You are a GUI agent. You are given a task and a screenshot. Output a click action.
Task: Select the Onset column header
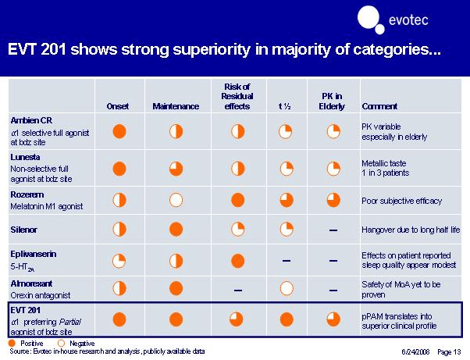coord(119,106)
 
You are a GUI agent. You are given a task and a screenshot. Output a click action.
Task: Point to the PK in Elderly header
coord(333,101)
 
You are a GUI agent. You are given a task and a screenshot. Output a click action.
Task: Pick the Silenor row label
coord(24,230)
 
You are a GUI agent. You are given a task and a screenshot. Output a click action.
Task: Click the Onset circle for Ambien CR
coord(119,131)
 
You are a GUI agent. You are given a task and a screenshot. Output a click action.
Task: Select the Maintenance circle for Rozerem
coord(176,200)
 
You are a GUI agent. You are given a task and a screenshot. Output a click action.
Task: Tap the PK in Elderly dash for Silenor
coord(333,230)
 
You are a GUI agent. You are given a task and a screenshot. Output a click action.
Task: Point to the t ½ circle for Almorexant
coord(286,288)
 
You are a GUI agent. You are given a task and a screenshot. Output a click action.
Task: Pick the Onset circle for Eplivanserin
coord(119,260)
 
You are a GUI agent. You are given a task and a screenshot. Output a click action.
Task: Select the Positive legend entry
coord(28,343)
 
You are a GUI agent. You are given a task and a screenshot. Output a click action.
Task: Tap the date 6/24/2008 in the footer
coord(416,351)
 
